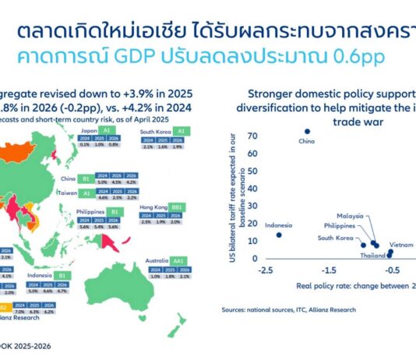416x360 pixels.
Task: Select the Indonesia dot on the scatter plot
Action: (279, 235)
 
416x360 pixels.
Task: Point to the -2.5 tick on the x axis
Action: (266, 270)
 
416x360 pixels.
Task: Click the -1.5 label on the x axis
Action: (329, 270)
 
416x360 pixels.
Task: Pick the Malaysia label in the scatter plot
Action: (352, 215)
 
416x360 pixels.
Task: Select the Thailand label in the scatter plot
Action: (373, 255)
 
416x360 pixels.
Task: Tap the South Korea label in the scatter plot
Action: (335, 237)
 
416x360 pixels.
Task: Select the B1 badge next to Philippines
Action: (115, 211)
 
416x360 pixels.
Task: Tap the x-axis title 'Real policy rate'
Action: (351, 286)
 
